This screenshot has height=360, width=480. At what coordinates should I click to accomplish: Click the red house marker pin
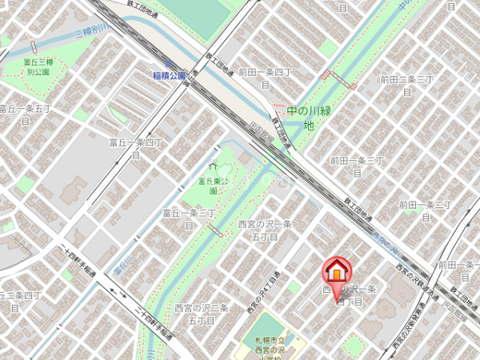[337, 270]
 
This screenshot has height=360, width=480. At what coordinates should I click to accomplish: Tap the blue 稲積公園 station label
[169, 75]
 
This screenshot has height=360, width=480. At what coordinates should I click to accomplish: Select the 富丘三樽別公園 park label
[38, 66]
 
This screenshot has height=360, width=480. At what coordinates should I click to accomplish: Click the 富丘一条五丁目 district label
[26, 113]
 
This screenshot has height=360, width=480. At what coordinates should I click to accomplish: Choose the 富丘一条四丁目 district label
[135, 148]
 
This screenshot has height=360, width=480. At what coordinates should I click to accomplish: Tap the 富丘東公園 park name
[214, 186]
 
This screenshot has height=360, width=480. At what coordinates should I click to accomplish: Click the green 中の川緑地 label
[307, 117]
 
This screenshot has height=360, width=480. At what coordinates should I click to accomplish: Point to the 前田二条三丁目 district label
[406, 85]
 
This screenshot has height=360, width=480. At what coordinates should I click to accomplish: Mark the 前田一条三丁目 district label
[358, 166]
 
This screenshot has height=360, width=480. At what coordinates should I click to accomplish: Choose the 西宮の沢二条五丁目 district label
[202, 313]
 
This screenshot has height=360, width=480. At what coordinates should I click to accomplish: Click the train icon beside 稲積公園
[169, 63]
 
